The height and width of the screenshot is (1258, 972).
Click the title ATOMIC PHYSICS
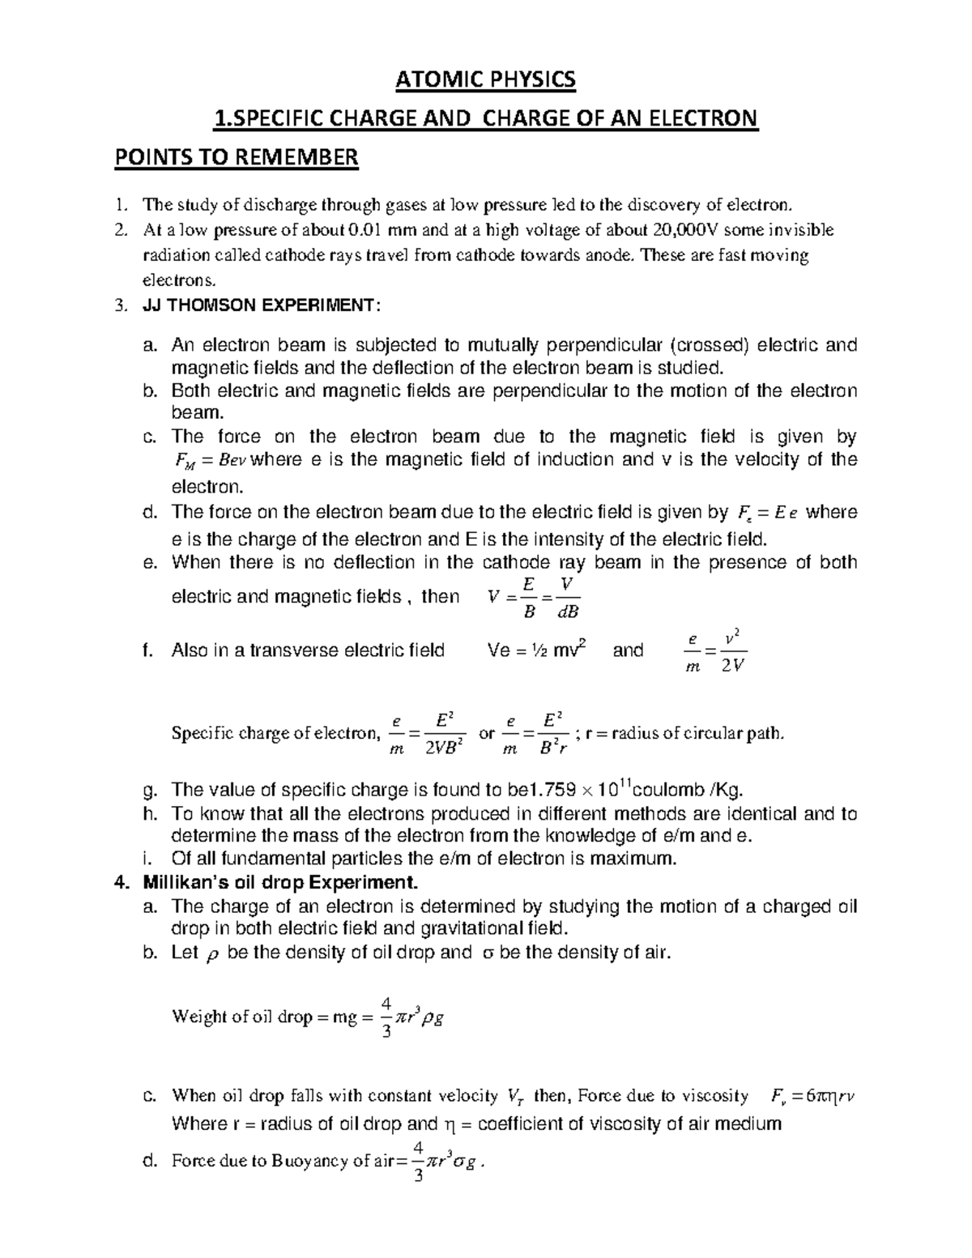point(484,79)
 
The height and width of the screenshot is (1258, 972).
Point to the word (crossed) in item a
point(712,346)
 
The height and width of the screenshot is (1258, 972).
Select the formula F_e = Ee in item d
point(769,513)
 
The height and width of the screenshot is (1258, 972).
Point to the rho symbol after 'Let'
point(214,954)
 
